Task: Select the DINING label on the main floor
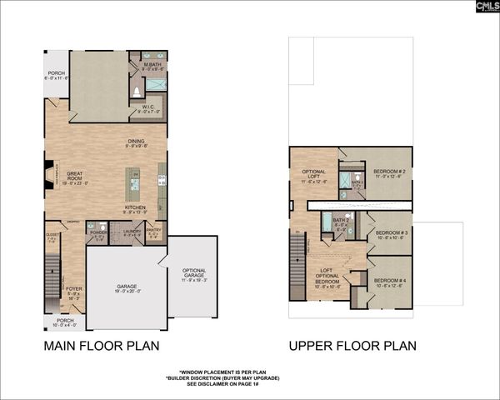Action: [x=137, y=142]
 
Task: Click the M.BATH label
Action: [x=152, y=67]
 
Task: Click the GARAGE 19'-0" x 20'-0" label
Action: [x=127, y=289]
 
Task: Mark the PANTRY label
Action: [x=154, y=233]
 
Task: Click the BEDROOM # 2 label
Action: [x=387, y=172]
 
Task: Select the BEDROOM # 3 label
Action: [x=390, y=234]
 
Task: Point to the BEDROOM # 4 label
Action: [x=390, y=282]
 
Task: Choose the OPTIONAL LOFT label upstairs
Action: [x=314, y=175]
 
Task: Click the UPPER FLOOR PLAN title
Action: [x=352, y=345]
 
